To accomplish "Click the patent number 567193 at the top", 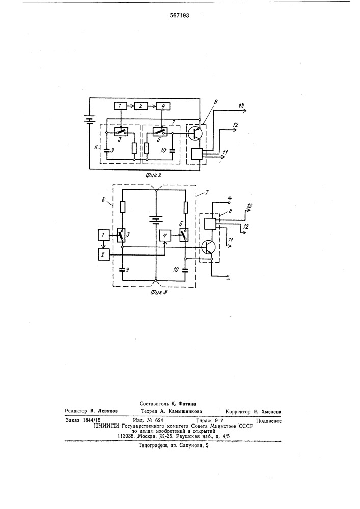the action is pos(180,16).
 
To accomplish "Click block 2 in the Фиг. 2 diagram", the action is pos(141,106).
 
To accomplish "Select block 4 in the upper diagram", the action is pos(163,106).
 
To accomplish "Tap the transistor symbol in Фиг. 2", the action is pos(196,133).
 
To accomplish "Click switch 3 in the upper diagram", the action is pos(122,132).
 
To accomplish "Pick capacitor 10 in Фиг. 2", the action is pos(173,150).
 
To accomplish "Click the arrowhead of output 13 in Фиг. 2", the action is pos(245,110).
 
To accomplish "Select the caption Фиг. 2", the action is pos(154,175).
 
